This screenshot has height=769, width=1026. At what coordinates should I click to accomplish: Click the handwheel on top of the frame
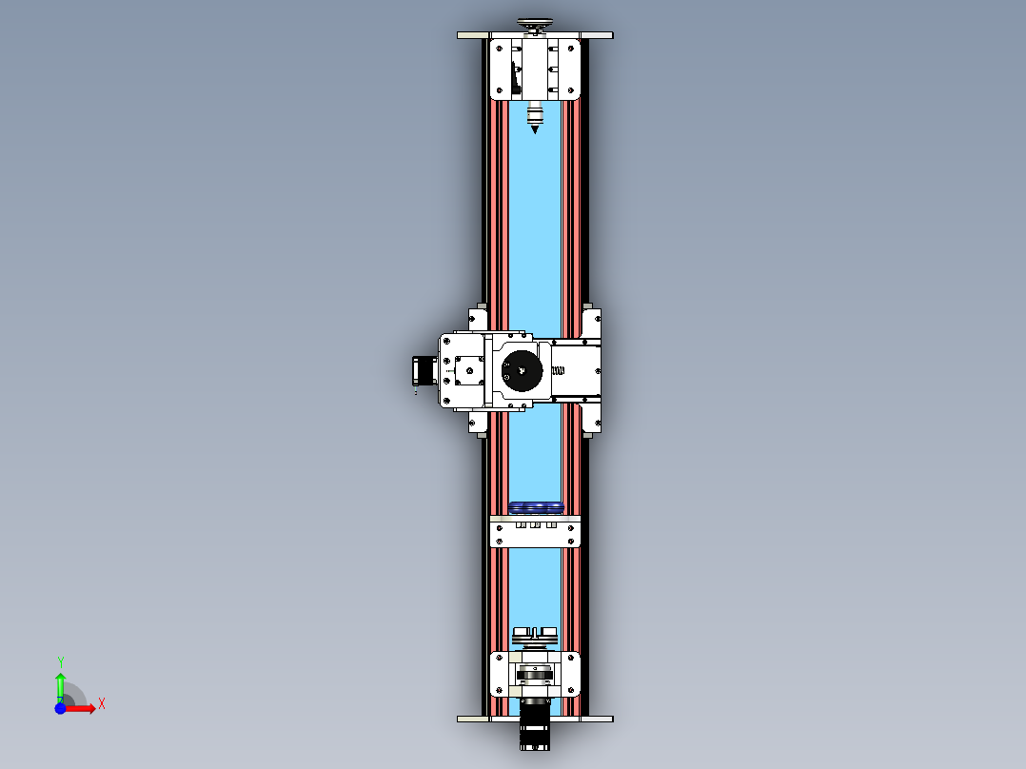(x=534, y=24)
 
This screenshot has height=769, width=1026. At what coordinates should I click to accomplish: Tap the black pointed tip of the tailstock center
(x=535, y=128)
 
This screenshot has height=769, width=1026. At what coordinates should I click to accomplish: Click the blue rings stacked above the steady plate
(x=536, y=507)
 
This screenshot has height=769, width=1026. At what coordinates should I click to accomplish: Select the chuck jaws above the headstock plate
(x=535, y=634)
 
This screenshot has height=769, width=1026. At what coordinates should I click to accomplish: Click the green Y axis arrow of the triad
(x=60, y=683)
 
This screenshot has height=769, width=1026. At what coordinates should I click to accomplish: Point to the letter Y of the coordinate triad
(x=60, y=661)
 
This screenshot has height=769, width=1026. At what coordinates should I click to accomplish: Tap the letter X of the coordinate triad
(x=101, y=703)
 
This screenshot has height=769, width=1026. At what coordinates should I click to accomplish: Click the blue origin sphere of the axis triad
(x=60, y=708)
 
